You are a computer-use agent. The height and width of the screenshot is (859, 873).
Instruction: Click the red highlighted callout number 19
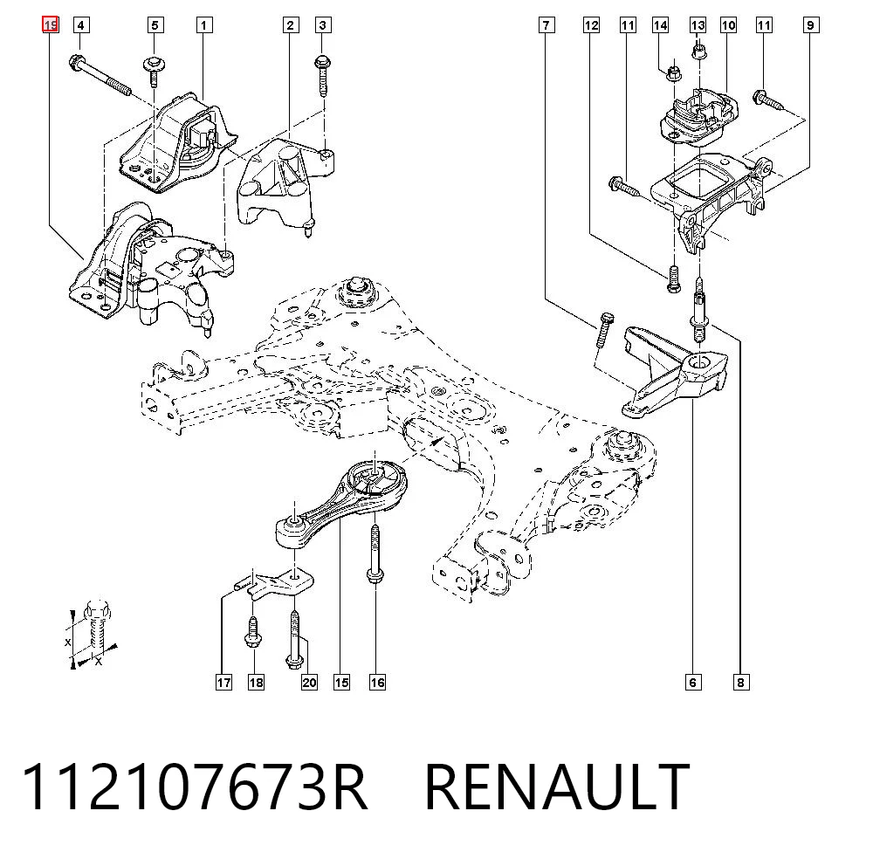(50, 25)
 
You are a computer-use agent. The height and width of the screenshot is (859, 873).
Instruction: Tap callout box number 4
(80, 25)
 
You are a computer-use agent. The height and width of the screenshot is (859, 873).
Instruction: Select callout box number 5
(155, 25)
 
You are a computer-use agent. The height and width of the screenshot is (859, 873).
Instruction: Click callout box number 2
(290, 25)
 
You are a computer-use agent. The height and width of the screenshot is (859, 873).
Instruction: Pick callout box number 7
(546, 25)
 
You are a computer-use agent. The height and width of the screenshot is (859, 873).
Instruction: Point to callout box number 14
(660, 25)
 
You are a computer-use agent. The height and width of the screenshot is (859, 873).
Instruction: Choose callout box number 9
(811, 25)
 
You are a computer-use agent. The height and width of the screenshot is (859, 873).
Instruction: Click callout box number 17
(223, 683)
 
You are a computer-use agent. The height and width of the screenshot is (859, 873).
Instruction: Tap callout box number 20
(310, 683)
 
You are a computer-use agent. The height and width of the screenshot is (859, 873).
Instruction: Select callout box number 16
(377, 683)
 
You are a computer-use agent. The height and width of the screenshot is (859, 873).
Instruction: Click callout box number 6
(693, 683)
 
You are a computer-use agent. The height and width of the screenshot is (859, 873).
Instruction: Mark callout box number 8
(741, 683)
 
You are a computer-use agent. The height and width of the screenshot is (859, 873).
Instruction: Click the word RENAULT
(557, 787)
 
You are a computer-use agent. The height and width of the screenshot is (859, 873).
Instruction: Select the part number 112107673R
(194, 787)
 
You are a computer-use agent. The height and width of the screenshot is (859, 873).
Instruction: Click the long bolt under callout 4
(100, 75)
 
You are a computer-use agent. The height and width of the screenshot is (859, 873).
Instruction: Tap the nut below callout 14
(673, 72)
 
